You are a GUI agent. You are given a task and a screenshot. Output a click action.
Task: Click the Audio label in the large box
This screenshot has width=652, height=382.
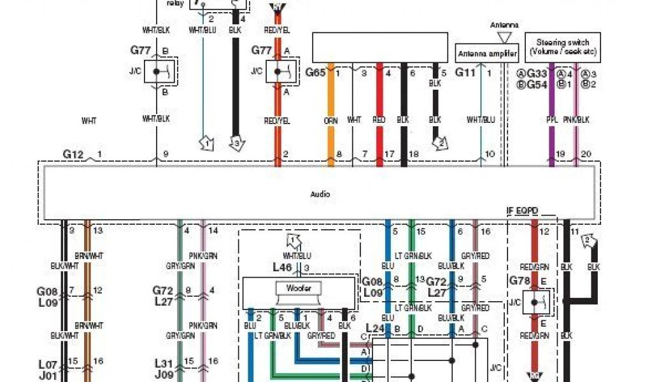coord(320,194)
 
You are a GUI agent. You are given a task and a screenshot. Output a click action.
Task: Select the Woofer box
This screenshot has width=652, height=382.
coord(299,288)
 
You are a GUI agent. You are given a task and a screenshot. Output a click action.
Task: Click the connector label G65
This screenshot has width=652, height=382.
coord(315,73)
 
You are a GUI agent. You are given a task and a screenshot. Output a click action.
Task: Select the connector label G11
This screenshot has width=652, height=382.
coord(465,73)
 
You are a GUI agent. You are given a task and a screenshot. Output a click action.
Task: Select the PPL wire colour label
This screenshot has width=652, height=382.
coord(552,120)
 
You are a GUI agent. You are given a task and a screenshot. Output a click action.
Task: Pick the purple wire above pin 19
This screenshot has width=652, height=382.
coord(552,137)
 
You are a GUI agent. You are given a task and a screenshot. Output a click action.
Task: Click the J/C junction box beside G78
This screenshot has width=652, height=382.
coord(538,302)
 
